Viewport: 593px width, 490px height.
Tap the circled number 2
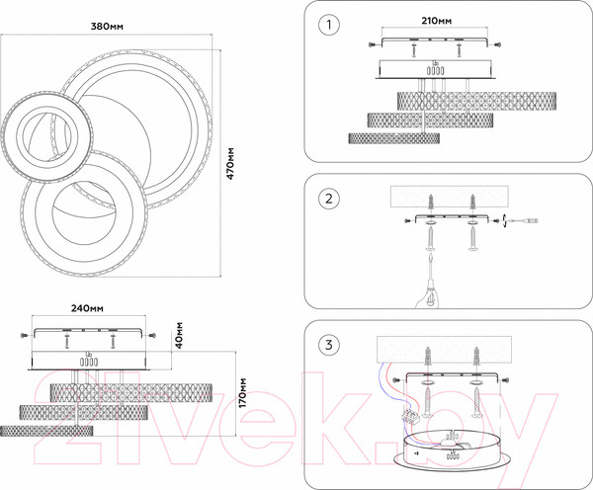(328, 199)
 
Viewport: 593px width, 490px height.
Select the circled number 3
(328, 346)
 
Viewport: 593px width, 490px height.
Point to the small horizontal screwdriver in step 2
(524, 222)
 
